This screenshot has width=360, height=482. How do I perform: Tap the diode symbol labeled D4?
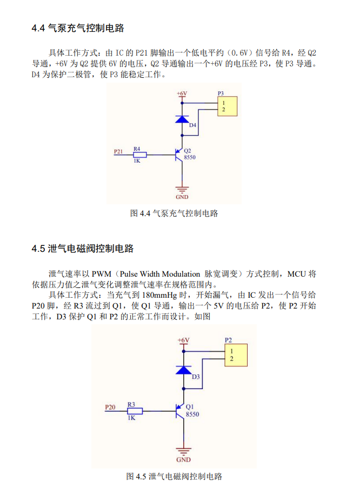click(182, 119)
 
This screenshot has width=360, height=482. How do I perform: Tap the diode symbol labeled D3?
click(184, 370)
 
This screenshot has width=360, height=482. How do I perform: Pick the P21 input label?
click(119, 151)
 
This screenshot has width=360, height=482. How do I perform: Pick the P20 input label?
click(110, 407)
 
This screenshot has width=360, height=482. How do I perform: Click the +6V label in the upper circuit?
click(182, 93)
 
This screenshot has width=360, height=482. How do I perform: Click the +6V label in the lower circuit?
click(184, 340)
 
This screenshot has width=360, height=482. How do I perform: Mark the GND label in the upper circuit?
click(182, 197)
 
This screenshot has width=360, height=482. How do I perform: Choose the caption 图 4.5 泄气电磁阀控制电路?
click(174, 476)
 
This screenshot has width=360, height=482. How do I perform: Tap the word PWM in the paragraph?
click(101, 274)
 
